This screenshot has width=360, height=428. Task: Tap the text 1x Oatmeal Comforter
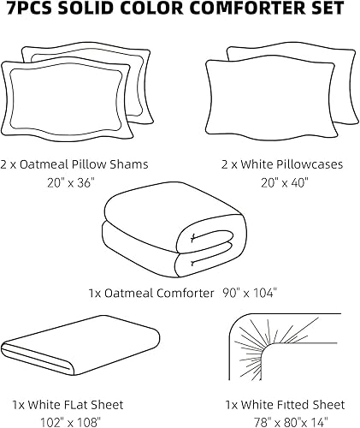coord(150,293)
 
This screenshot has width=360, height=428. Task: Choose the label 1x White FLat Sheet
coord(68,404)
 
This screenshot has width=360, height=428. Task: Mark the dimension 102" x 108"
coord(68,421)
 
